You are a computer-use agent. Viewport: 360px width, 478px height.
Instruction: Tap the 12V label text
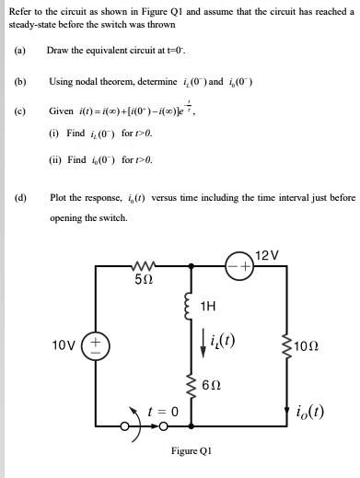pyautogui.click(x=267, y=251)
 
